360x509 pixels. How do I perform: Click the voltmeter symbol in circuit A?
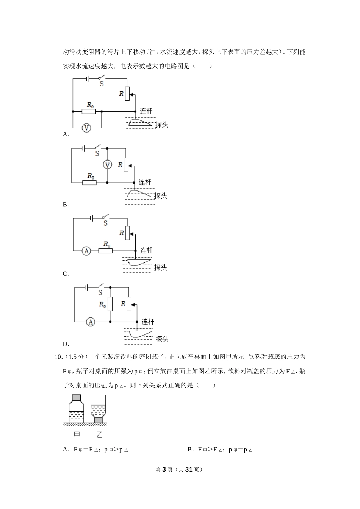[x=86, y=128]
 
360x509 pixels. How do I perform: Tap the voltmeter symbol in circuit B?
[x=108, y=165]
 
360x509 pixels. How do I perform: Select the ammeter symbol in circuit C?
[x=86, y=251]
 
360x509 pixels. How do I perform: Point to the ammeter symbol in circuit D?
[x=90, y=322]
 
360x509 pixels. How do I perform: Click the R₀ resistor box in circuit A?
[x=89, y=111]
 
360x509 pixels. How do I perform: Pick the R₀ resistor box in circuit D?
[x=110, y=304]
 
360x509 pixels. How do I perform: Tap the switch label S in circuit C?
[x=105, y=223]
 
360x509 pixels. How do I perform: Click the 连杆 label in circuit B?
[x=145, y=182]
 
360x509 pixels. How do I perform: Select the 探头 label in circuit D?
[x=162, y=339]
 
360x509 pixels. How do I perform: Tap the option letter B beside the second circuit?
[x=65, y=205]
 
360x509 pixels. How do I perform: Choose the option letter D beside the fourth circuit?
[x=66, y=344]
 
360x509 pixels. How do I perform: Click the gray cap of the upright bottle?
[x=76, y=398]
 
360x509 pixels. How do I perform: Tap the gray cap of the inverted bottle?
[x=99, y=420]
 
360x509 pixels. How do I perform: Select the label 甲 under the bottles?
[x=77, y=434]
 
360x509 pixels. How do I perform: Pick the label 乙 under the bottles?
[x=99, y=434]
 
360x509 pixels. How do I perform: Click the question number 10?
[x=58, y=357]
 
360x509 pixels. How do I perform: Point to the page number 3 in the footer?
[x=164, y=469]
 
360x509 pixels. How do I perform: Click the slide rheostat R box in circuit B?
[x=126, y=165]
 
